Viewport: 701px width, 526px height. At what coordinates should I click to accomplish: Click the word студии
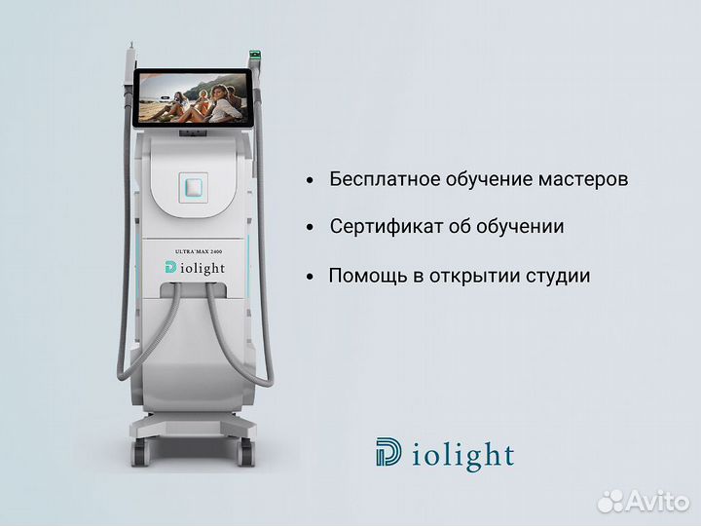click(x=557, y=276)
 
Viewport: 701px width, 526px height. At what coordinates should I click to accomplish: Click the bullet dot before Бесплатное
click(x=310, y=181)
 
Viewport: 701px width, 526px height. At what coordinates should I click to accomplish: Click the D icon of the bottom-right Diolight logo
click(x=388, y=453)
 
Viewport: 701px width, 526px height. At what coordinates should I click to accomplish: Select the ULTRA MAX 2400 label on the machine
click(x=199, y=251)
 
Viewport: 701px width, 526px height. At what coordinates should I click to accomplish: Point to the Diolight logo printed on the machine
click(x=200, y=267)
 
